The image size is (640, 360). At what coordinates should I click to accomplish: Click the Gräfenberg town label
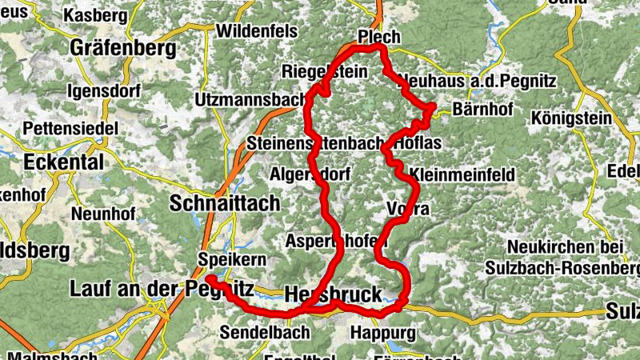123,49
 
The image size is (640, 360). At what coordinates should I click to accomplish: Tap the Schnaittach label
225,203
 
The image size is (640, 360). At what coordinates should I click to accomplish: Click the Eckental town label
64,162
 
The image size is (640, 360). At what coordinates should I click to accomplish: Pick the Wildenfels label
256,31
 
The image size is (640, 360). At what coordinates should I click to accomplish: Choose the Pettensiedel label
72,128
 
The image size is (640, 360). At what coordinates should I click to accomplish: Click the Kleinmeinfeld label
462,174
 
